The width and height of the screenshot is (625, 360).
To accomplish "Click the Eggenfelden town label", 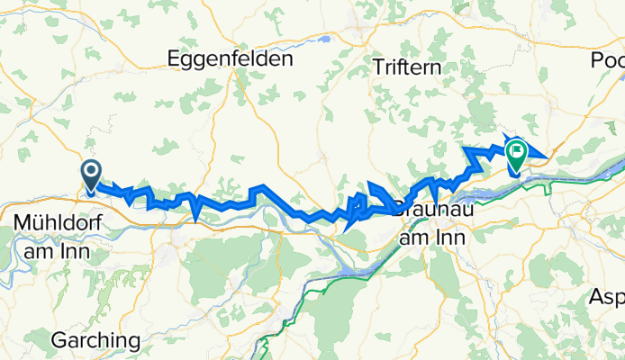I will click(x=231, y=59).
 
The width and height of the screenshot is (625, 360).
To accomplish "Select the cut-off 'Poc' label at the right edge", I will click(x=608, y=60).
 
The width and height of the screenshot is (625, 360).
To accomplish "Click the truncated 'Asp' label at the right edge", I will click(x=607, y=296).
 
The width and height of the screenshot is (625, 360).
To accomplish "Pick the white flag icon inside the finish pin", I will click(x=516, y=149).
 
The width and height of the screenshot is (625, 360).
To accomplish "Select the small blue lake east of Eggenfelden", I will click(x=322, y=40).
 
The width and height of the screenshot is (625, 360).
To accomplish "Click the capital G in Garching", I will click(x=59, y=341).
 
